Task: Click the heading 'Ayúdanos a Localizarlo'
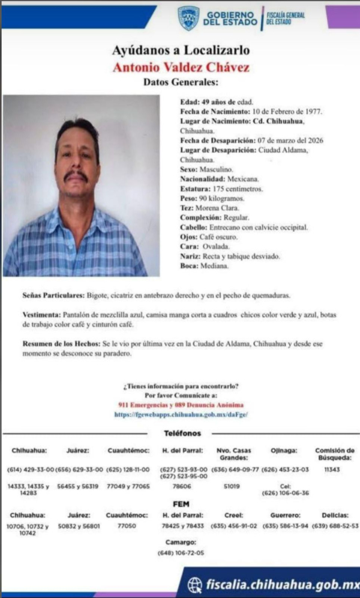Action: pyautogui.click(x=181, y=50)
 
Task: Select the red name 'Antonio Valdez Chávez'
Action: pyautogui.click(x=181, y=67)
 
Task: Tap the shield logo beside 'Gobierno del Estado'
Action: pyautogui.click(x=188, y=19)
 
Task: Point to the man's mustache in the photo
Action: pyautogui.click(x=76, y=176)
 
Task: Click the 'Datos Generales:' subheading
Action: pyautogui.click(x=181, y=82)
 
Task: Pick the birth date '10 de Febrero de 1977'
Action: pyautogui.click(x=286, y=112)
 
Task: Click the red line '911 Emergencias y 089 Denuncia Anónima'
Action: pyautogui.click(x=181, y=405)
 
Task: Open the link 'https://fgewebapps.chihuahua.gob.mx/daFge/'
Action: pyautogui.click(x=181, y=414)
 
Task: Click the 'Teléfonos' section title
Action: pyautogui.click(x=182, y=433)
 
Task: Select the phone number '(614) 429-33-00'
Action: pyautogui.click(x=30, y=469)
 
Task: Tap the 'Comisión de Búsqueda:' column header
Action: pyautogui.click(x=334, y=453)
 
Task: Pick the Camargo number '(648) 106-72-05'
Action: pyautogui.click(x=181, y=552)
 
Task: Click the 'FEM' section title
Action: pyautogui.click(x=181, y=504)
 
